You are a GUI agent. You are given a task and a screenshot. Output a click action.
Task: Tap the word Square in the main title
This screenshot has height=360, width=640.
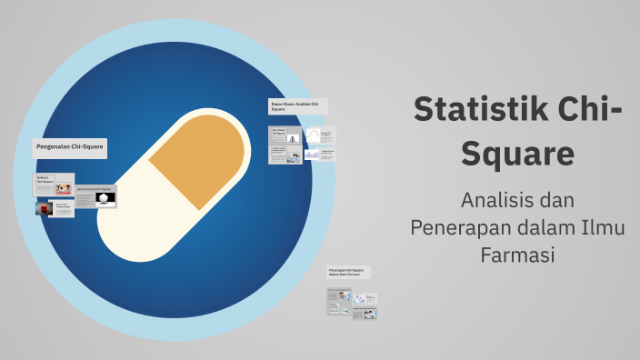tap(517, 153)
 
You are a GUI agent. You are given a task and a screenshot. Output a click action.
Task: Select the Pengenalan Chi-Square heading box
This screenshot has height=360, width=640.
tap(70, 145)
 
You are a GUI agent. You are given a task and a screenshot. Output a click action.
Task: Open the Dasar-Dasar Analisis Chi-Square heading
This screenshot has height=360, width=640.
tap(297, 106)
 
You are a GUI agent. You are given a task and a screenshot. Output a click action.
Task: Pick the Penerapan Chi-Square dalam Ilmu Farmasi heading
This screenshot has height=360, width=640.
tap(348, 272)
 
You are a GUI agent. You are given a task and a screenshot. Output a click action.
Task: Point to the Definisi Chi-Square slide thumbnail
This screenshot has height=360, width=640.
tap(54, 183)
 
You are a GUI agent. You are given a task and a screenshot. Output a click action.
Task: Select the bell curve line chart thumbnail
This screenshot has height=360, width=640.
tap(312, 136)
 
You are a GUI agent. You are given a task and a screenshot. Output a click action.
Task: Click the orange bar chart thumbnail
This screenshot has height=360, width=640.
tap(312, 155)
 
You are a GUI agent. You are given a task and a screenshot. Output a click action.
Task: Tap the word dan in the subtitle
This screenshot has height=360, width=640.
tap(556, 198)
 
